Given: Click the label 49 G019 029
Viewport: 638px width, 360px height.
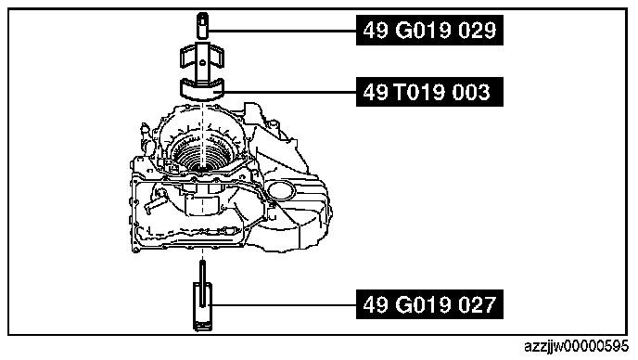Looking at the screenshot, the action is [429, 30].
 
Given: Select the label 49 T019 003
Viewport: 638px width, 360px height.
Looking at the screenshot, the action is [429, 92].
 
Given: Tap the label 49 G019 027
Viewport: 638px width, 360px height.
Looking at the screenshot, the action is [429, 304].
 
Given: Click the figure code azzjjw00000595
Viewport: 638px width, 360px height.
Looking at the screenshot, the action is [576, 347].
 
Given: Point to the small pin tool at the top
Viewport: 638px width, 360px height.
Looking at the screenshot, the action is [203, 26].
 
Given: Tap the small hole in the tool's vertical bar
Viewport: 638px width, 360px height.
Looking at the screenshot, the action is [202, 62].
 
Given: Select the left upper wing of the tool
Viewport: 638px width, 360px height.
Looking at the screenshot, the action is [187, 57].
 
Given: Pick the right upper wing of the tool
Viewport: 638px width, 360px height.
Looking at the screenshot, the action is [217, 57].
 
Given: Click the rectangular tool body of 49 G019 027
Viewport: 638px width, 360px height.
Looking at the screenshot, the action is [202, 306].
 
